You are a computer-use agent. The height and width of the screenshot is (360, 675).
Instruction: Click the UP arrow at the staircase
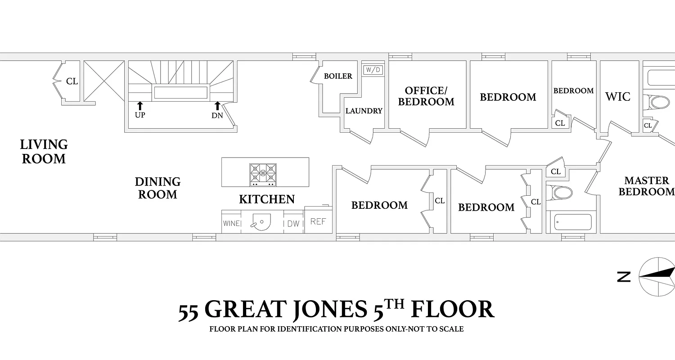point(139,106)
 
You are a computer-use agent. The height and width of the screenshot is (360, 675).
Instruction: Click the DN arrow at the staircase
point(217,106)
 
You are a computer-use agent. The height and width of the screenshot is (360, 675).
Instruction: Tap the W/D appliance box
point(372,70)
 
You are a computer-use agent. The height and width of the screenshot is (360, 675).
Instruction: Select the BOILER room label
point(338,76)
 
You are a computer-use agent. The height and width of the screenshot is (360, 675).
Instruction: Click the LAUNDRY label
point(364,111)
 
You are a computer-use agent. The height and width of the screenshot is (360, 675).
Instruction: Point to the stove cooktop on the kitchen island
point(263,175)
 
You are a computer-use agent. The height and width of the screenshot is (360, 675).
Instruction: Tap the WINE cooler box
point(231,223)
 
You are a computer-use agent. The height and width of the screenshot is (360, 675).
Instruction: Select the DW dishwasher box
point(293,223)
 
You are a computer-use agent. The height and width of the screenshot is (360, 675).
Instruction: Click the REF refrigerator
point(318,221)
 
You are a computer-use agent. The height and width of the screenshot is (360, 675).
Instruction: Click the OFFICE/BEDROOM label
point(426,96)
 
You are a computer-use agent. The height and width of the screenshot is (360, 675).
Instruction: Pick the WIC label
point(617,97)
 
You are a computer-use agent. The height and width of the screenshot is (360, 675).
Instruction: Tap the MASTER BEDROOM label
point(646,186)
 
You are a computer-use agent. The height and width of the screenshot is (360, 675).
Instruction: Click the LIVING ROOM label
point(44,152)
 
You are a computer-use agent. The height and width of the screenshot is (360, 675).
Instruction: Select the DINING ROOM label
point(157,188)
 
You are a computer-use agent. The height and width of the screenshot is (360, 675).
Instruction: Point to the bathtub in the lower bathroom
point(573,222)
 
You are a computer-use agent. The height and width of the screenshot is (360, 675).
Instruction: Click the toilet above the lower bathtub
point(562,193)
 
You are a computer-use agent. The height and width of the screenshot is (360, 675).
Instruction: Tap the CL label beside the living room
point(72,81)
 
